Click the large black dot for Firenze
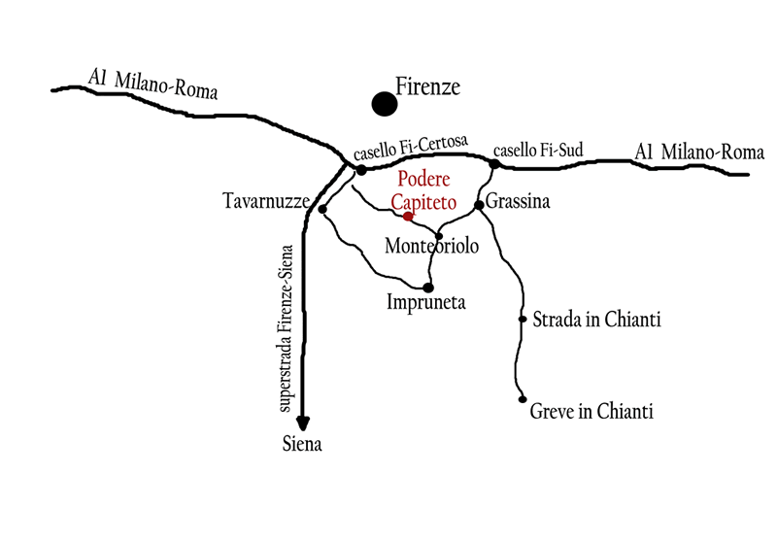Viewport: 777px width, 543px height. pyautogui.click(x=385, y=103)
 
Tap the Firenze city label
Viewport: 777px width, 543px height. pyautogui.click(x=427, y=87)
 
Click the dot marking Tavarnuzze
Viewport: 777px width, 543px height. pyautogui.click(x=321, y=209)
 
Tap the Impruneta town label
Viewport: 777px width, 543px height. pyautogui.click(x=427, y=303)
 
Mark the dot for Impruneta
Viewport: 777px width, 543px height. pyautogui.click(x=427, y=287)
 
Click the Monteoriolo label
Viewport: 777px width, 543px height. pyautogui.click(x=432, y=247)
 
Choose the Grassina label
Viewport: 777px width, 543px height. pyautogui.click(x=519, y=203)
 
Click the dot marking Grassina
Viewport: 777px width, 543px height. pyautogui.click(x=479, y=205)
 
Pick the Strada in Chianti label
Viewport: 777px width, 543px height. pyautogui.click(x=596, y=319)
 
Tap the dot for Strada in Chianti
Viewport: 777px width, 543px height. pyautogui.click(x=523, y=319)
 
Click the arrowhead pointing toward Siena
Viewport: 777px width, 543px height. pyautogui.click(x=304, y=422)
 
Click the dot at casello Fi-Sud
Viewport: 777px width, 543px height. pyautogui.click(x=494, y=164)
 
